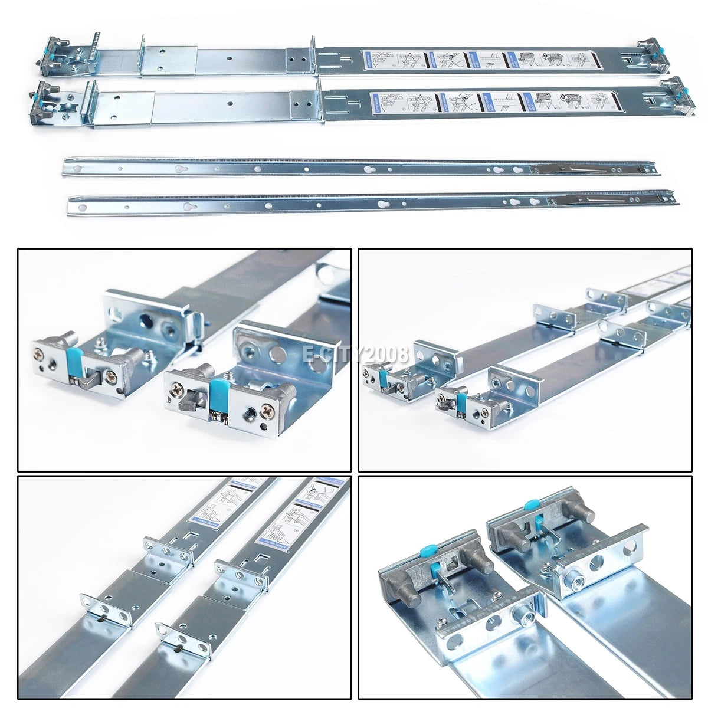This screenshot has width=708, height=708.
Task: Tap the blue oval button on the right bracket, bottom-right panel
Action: click(532, 505)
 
